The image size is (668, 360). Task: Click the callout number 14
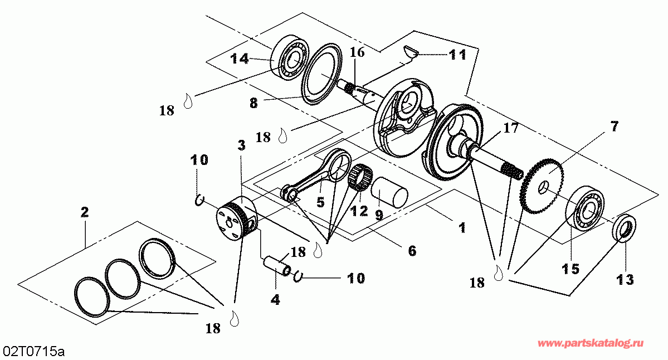[x=240, y=59]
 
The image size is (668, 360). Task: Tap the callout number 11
[x=457, y=55]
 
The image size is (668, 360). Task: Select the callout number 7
[x=614, y=126]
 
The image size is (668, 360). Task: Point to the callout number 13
[x=625, y=280]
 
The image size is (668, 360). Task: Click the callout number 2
[x=85, y=212]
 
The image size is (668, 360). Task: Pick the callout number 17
[x=510, y=128]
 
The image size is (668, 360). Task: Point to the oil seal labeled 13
[x=625, y=229]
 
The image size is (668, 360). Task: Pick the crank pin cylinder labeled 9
[x=389, y=192]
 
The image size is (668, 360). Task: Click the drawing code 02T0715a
[x=33, y=352]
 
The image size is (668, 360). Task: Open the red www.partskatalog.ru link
[x=591, y=343]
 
